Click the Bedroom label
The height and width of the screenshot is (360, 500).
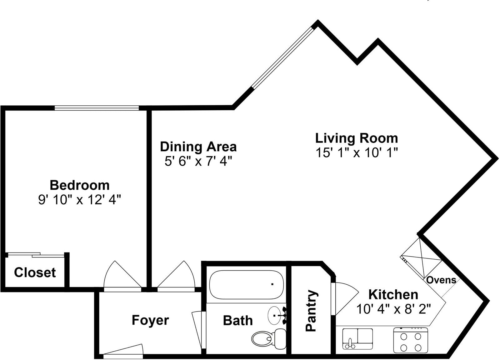tap(80, 185)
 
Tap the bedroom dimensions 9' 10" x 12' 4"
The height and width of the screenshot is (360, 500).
tap(80, 200)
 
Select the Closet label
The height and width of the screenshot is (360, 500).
tap(35, 272)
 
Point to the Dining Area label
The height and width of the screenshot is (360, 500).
tap(198, 147)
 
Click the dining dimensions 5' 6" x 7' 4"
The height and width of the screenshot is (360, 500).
tap(198, 162)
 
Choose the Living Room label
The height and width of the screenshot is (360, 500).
tap(356, 138)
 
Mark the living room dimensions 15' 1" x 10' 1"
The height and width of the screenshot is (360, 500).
tap(356, 153)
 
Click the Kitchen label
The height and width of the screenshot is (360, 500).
tap(393, 295)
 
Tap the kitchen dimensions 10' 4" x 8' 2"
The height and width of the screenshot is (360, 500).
tap(393, 309)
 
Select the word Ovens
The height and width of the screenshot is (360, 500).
tap(441, 280)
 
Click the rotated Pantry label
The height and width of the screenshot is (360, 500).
tap(311, 311)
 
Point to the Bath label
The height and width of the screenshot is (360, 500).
tap(237, 321)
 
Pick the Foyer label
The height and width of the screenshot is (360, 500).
tap(150, 320)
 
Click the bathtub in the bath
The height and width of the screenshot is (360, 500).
tap(246, 285)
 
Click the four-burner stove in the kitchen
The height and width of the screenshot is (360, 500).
tap(410, 340)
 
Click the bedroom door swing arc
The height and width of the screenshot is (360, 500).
tap(122, 275)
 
